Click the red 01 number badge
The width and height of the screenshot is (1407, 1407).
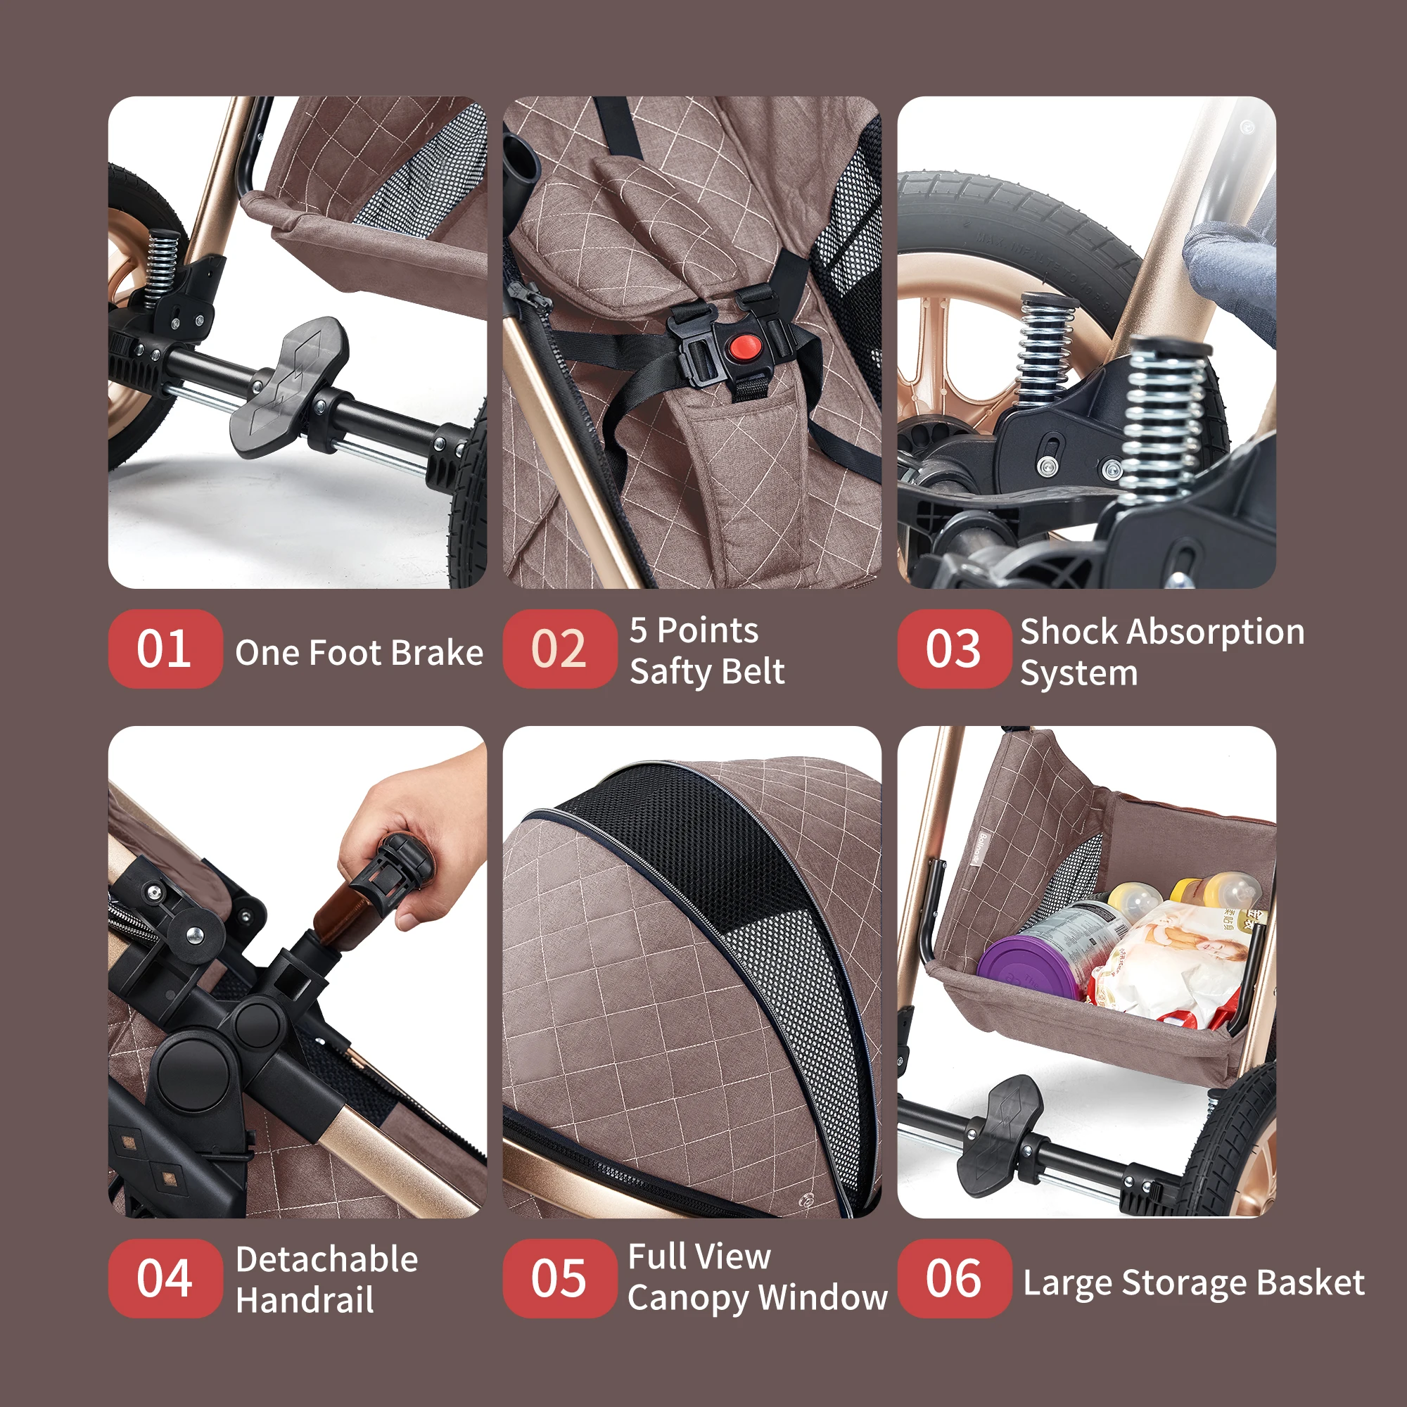click(x=165, y=648)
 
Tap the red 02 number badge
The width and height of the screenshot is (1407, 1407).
click(x=559, y=648)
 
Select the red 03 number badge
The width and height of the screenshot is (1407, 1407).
click(x=954, y=648)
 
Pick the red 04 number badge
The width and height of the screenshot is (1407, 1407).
click(x=165, y=1278)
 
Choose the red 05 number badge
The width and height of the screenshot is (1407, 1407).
click(x=559, y=1278)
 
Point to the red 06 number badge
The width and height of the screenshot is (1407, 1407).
click(x=954, y=1278)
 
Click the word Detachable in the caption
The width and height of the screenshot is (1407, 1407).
click(x=327, y=1259)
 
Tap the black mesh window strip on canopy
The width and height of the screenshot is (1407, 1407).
click(x=736, y=896)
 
